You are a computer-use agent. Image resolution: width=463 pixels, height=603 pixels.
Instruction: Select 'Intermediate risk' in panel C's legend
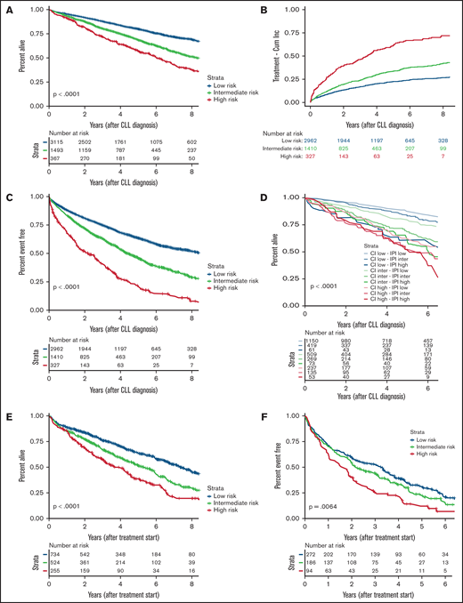pos(187,282)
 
